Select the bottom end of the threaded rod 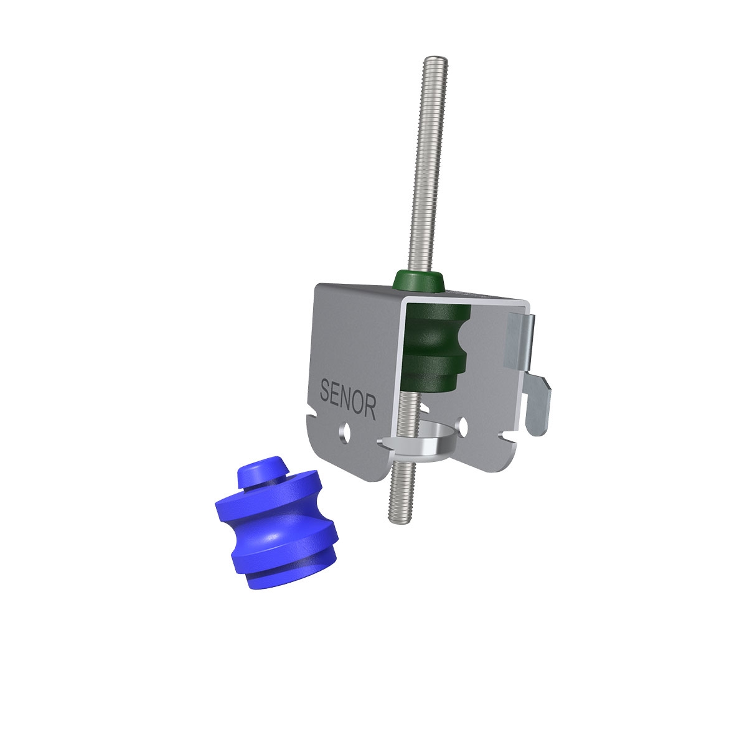pyautogui.click(x=395, y=520)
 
